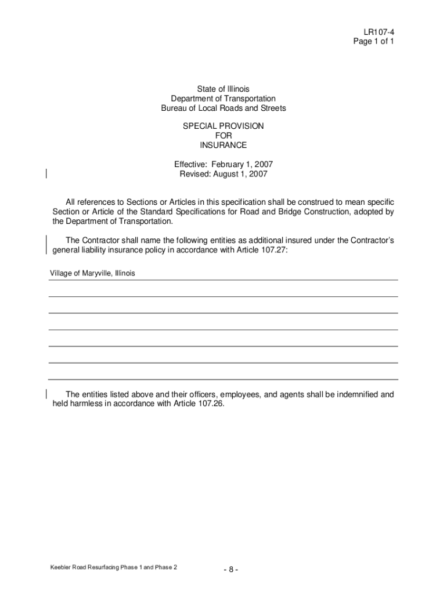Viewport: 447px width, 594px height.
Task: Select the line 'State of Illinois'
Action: click(x=223, y=89)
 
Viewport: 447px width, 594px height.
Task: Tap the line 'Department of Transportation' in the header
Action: click(x=223, y=99)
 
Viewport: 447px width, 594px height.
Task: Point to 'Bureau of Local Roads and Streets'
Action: click(x=223, y=109)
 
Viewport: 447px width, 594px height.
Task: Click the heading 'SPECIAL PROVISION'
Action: click(x=223, y=126)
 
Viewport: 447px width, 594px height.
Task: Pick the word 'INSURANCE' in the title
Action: click(x=223, y=145)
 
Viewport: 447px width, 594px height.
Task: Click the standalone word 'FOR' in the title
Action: click(x=223, y=136)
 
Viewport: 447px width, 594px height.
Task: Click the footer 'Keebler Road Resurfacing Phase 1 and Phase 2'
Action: click(x=114, y=567)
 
